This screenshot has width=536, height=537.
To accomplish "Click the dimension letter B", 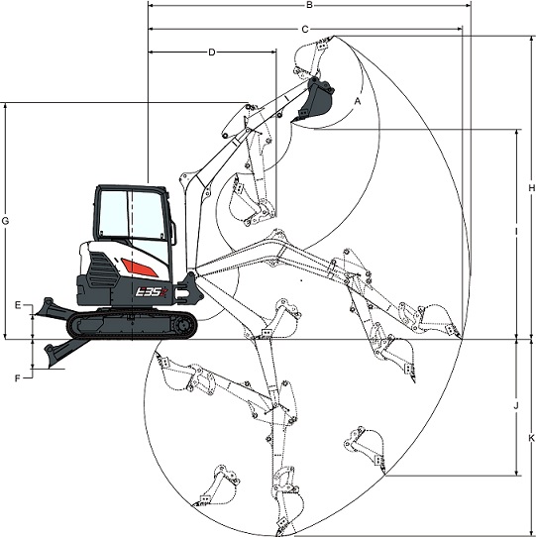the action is tap(309, 5).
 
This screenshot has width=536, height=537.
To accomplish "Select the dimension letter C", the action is tap(305, 30).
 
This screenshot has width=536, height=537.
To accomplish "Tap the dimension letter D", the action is tap(212, 53).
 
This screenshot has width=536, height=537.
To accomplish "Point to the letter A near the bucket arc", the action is tap(358, 101).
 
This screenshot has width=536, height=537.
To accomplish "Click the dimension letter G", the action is tap(5, 221).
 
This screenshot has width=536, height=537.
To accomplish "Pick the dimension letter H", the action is tap(531, 188).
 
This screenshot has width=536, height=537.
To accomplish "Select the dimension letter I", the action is tap(516, 232).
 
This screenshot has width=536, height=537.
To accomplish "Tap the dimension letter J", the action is tap(516, 406).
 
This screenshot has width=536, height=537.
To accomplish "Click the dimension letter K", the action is tap(532, 438).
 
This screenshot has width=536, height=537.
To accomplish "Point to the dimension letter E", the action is tap(18, 305).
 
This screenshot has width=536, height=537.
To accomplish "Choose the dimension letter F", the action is tap(18, 378).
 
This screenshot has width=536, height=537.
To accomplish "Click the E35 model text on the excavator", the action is tap(151, 292).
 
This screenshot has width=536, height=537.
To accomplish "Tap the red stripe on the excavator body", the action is tap(139, 268).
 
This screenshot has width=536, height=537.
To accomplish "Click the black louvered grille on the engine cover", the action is tap(102, 270).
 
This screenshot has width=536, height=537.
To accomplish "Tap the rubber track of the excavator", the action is tap(132, 325).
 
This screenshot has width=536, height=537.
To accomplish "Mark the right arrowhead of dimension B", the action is tap(468, 6).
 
